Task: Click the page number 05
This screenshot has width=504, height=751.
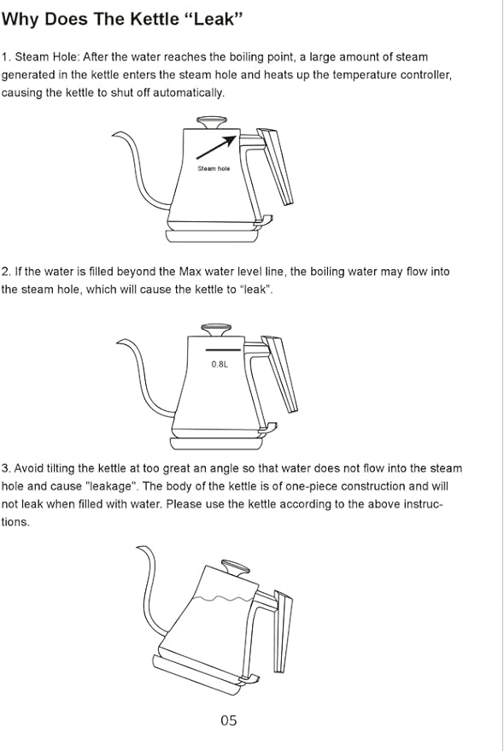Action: (228, 720)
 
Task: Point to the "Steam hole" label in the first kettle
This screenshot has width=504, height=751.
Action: (214, 169)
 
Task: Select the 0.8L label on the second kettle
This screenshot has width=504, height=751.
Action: (220, 364)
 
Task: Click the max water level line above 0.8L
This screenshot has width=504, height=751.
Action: (223, 349)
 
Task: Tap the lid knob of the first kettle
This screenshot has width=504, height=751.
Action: (211, 121)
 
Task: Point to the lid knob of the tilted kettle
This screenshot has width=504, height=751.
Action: (232, 566)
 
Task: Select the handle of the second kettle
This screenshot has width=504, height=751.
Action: (281, 371)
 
